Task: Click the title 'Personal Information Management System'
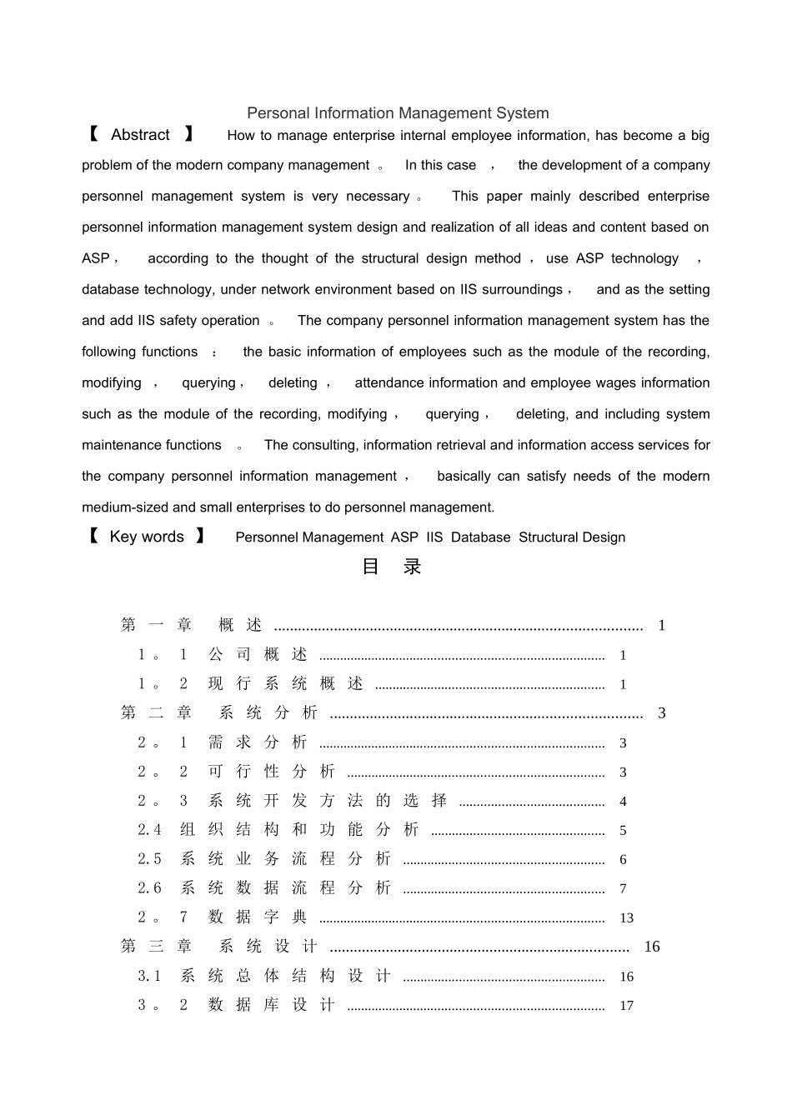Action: tap(398, 113)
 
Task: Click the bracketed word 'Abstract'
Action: tap(140, 135)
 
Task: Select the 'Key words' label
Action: tap(147, 537)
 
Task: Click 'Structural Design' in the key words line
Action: tap(572, 537)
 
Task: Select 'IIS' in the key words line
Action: tap(434, 537)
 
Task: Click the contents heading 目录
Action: tap(392, 567)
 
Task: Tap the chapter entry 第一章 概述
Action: tap(192, 625)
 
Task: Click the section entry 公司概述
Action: tap(258, 655)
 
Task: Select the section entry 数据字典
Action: tap(258, 917)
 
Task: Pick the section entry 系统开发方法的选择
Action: tap(328, 801)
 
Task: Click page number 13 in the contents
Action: tap(626, 918)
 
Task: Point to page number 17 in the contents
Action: tap(626, 1006)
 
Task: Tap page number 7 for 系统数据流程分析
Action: tap(623, 889)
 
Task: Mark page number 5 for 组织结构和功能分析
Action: tap(623, 831)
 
